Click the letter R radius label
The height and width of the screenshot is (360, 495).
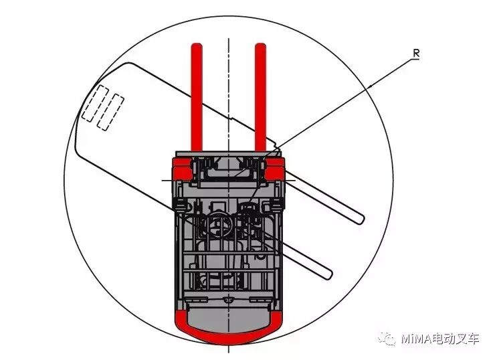415,53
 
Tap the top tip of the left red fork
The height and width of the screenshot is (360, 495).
197,47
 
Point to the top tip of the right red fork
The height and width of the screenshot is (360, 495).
260,47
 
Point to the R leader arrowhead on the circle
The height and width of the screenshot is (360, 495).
370,88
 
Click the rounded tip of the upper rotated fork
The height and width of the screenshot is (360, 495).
360,217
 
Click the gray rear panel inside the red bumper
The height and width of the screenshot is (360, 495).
228,319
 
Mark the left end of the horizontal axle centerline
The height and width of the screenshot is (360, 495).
163,181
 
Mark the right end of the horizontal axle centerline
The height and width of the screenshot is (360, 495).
293,181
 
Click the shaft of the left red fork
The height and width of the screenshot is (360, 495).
197,100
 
